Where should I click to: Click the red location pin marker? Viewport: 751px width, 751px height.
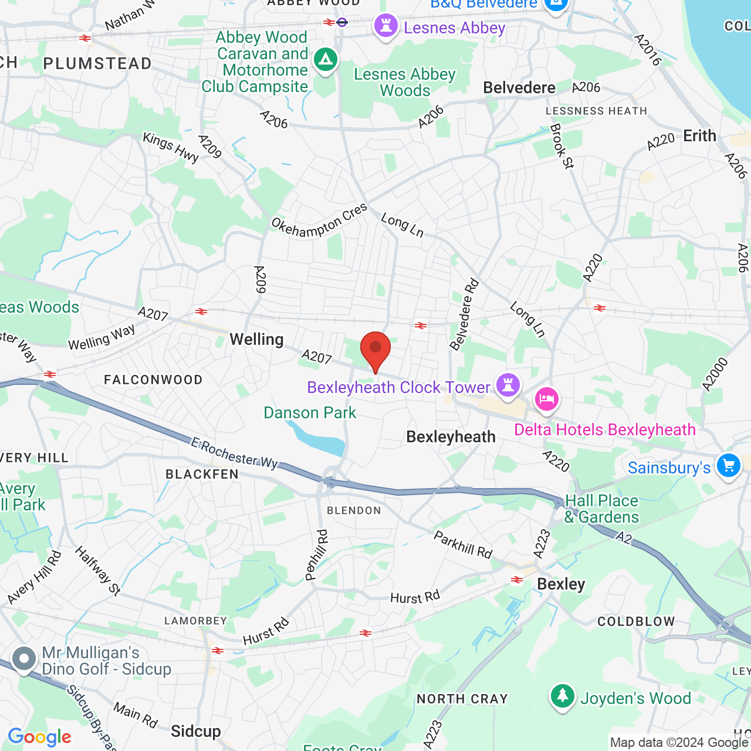375,351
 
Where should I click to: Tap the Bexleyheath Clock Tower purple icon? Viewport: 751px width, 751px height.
508,385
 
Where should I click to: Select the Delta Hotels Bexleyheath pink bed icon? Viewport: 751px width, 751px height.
546,400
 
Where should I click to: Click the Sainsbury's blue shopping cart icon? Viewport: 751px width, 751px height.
728,466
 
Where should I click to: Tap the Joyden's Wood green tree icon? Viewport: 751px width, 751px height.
562,696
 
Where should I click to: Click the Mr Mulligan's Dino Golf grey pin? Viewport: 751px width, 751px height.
24,659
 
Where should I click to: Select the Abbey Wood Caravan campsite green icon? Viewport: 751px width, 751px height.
325,60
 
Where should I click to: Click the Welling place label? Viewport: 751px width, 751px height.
256,339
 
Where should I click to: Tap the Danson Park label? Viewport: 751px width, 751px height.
310,412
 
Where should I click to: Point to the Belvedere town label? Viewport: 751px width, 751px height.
519,87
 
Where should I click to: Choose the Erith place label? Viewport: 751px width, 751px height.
699,136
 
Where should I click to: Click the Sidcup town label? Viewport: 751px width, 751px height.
196,731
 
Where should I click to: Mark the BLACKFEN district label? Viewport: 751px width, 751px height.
202,474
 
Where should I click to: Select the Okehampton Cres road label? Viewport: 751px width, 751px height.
319,220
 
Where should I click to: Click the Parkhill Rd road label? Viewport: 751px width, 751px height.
463,544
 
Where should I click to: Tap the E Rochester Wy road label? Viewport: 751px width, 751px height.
235,454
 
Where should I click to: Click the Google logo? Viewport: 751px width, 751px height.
40,737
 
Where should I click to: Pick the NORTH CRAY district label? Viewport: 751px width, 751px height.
462,699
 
